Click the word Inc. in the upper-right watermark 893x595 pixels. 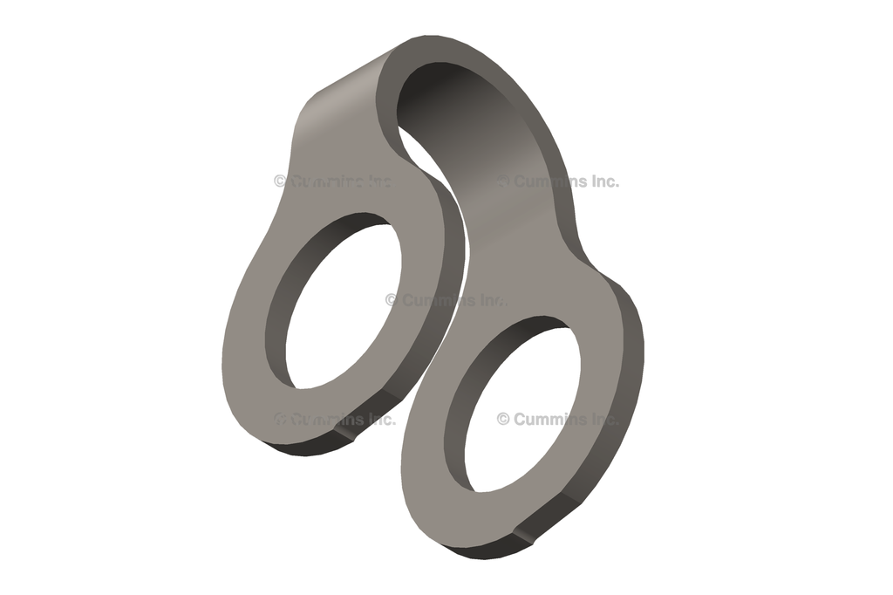coord(602,181)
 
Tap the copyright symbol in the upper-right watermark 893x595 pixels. coord(503,181)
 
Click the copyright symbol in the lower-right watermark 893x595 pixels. coord(503,419)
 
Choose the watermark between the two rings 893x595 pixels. coord(445,300)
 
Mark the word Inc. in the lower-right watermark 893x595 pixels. coord(602,419)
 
